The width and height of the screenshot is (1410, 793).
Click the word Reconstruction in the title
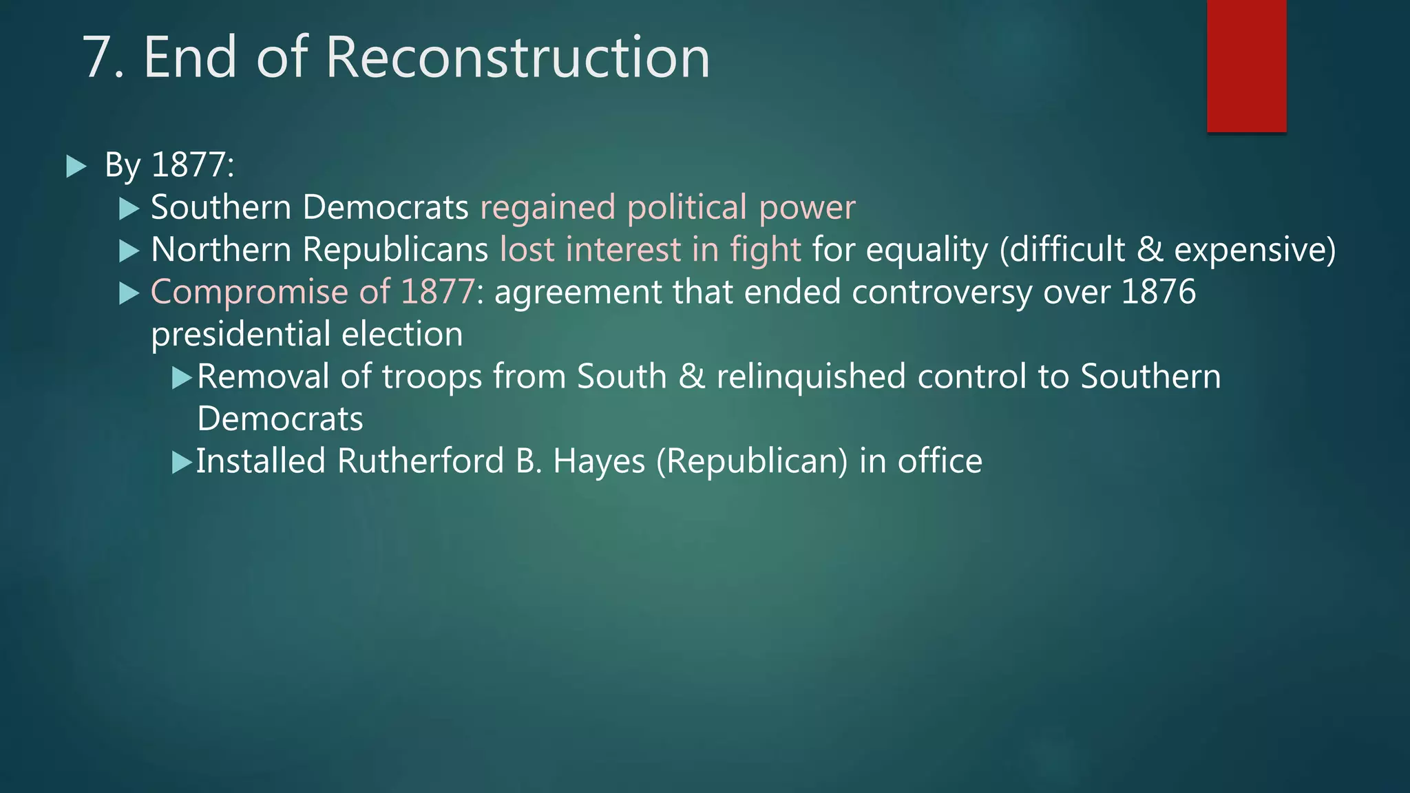tap(517, 57)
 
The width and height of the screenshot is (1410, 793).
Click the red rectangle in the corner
tap(1246, 65)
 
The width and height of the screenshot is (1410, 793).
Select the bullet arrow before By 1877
tap(76, 167)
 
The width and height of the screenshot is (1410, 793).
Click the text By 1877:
tap(169, 165)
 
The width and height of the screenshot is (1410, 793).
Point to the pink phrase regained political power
tap(667, 208)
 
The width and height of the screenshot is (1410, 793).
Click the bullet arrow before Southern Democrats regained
tap(129, 209)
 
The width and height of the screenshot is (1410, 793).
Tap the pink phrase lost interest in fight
tap(650, 250)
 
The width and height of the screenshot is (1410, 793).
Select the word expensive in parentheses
tap(1254, 250)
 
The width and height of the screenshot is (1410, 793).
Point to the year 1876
tap(1158, 292)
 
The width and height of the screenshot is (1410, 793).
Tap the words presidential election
tap(306, 335)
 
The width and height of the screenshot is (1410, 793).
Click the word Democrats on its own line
tap(280, 419)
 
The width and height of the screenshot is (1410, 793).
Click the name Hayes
tap(598, 462)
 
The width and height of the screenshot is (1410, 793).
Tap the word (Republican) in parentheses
tap(752, 462)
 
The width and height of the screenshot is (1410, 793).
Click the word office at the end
tap(939, 461)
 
